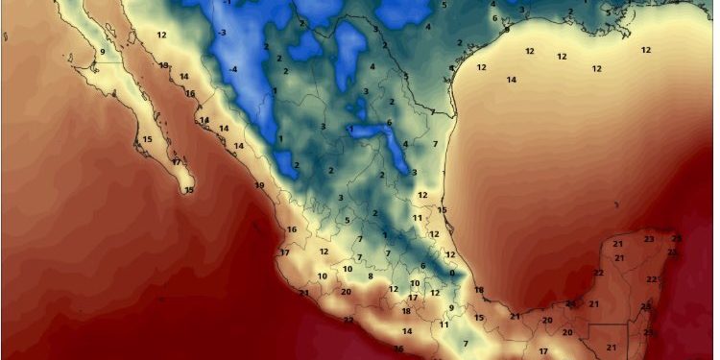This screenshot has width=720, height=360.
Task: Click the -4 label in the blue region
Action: [x=233, y=69]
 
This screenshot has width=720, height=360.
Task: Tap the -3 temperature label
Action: [x=223, y=33]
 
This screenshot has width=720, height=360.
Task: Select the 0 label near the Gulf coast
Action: [x=451, y=274]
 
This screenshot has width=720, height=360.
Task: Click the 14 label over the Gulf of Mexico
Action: [x=512, y=80]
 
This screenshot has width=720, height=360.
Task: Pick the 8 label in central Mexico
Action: [x=371, y=276]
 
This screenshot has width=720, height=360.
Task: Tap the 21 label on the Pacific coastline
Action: [x=304, y=293]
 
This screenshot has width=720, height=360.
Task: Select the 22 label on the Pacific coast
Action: [x=348, y=320]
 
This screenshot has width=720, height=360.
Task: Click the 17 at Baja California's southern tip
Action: [x=177, y=162]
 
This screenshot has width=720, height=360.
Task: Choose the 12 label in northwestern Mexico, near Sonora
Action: [x=162, y=35]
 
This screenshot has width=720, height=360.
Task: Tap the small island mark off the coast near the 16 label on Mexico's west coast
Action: [x=256, y=228]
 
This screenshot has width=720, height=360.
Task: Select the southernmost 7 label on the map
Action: [x=466, y=343]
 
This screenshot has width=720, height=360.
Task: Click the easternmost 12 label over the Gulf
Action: [x=646, y=50]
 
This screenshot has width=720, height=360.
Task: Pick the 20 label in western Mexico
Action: [x=346, y=291]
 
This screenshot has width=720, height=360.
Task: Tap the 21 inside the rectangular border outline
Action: [x=611, y=347]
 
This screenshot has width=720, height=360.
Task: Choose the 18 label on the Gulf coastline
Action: [x=479, y=290]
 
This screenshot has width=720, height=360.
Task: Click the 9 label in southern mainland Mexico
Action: [x=451, y=308]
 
